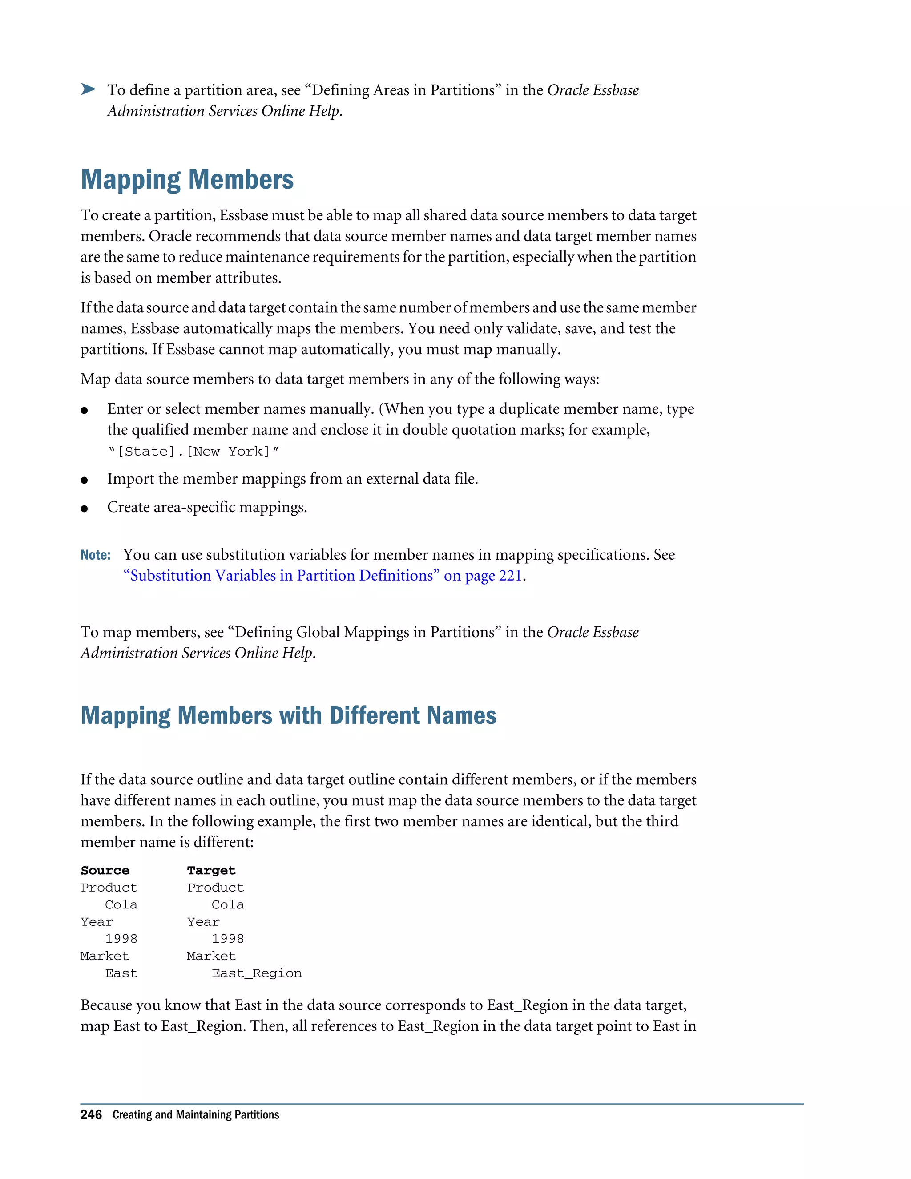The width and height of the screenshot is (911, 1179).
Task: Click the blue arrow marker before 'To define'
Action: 88,89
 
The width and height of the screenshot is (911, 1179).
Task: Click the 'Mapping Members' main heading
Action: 187,180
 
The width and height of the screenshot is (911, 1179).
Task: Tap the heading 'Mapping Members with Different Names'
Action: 288,715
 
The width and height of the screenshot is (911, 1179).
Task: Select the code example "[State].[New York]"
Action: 193,451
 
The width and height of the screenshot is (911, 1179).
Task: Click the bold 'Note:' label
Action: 96,555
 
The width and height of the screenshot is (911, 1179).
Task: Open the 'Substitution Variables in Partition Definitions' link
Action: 323,575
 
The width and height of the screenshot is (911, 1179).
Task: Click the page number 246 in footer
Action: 91,1115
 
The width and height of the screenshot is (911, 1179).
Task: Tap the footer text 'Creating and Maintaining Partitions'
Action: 196,1115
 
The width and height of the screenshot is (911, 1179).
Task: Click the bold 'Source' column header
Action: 105,870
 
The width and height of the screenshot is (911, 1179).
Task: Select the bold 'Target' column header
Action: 211,870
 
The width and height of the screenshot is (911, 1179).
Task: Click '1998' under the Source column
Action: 121,939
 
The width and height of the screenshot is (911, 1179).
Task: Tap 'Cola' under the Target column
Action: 227,905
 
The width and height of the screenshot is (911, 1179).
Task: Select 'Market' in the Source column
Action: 105,956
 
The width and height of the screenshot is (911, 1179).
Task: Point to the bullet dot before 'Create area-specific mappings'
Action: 84,509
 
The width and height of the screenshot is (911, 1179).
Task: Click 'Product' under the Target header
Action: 215,888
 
